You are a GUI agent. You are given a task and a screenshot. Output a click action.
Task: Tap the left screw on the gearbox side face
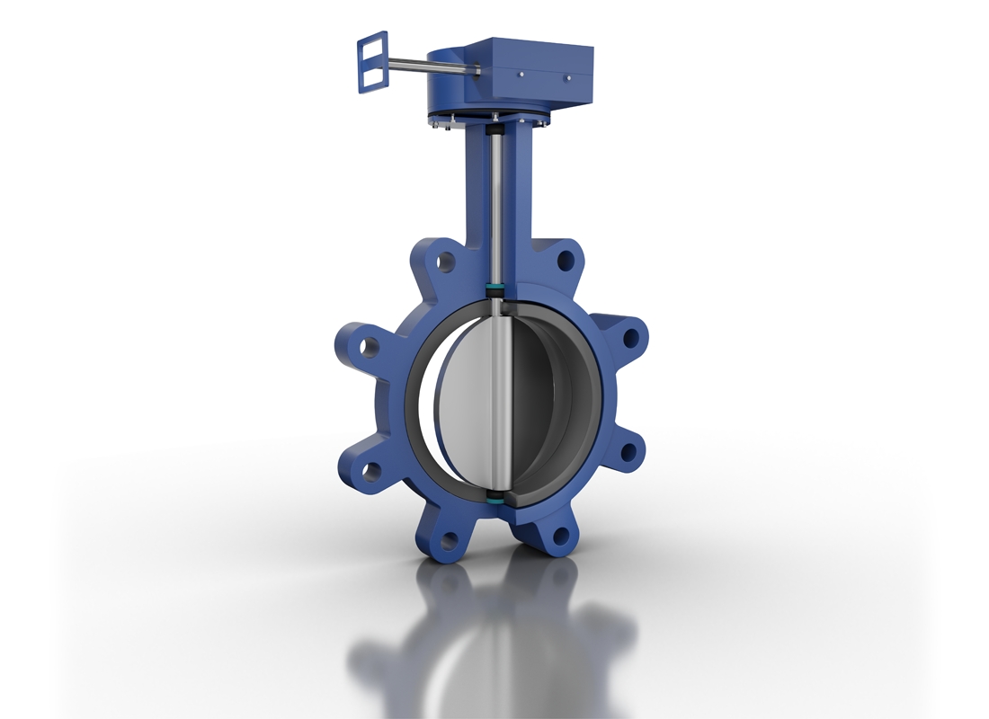click(521, 75)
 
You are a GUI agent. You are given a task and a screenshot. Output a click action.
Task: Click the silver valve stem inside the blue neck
click(494, 207)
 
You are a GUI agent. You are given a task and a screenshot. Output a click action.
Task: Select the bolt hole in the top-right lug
click(565, 261)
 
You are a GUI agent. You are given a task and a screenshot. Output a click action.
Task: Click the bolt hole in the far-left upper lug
click(369, 345)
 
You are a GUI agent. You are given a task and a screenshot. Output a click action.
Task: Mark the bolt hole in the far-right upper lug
click(631, 338)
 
